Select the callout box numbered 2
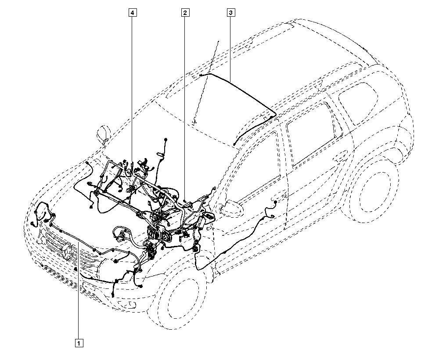186,13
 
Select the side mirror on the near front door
231,207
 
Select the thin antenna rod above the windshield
206,79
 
